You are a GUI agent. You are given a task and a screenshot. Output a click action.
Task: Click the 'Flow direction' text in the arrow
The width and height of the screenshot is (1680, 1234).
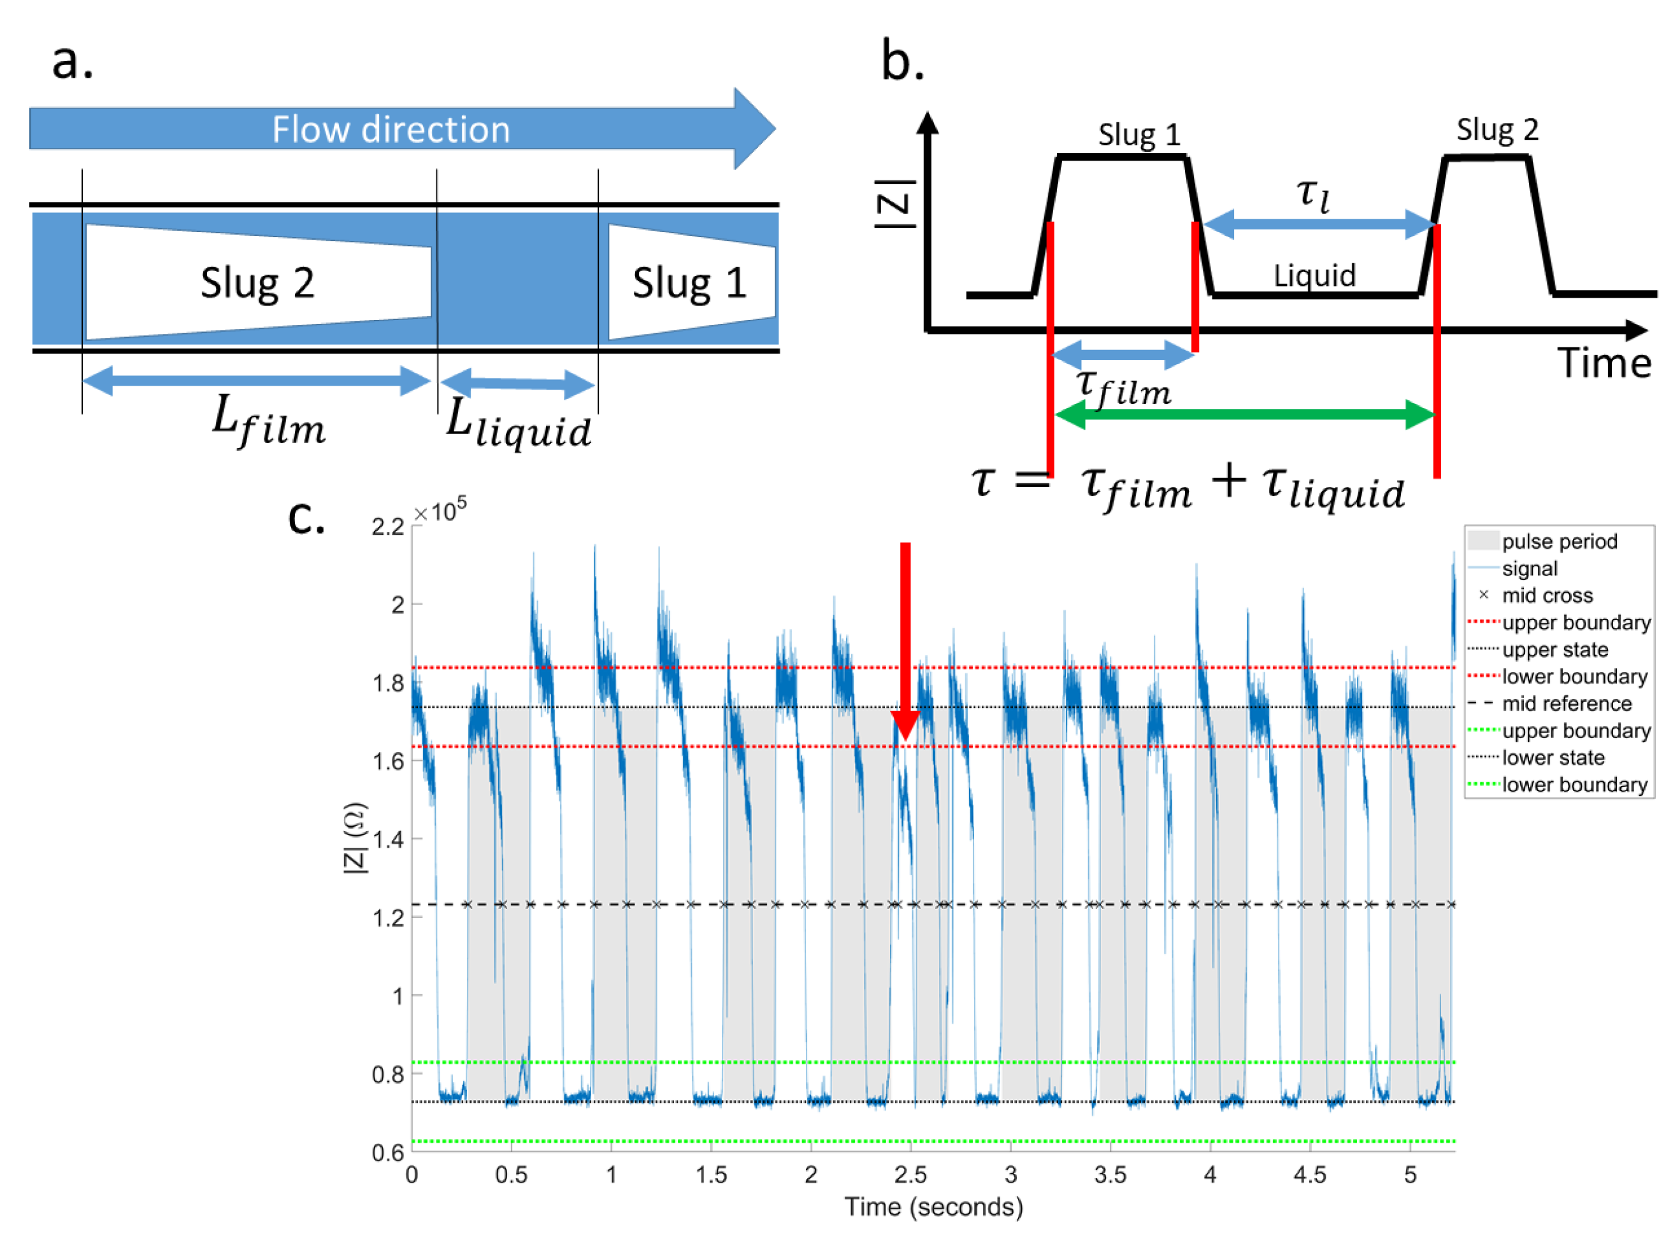pos(391,129)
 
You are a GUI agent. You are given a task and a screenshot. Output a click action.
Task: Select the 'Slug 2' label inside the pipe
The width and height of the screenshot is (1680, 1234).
pos(257,282)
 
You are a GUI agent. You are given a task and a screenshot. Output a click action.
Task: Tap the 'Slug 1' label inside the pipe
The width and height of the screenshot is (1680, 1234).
pos(689,282)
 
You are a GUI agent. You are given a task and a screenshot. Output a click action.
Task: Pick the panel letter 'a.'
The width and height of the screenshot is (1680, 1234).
pos(73,61)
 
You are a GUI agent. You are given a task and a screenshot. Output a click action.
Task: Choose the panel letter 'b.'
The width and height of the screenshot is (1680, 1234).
pos(902,61)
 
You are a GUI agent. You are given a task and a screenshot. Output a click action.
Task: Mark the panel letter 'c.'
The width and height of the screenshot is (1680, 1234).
pos(306,517)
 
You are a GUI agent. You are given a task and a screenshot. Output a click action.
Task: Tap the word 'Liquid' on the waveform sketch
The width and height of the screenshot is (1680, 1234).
pos(1314,275)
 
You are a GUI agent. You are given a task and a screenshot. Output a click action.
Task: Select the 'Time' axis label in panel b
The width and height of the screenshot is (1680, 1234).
pos(1604,364)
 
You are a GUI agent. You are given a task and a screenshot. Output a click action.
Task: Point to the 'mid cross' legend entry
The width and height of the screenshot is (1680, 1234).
pos(1547,595)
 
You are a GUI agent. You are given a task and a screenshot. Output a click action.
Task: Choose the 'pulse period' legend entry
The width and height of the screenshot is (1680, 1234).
pos(1559,542)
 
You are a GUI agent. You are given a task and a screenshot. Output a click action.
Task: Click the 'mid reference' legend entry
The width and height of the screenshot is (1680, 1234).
pos(1567,704)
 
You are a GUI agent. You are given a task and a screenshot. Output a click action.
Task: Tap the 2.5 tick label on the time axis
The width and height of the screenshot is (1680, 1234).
pos(910,1175)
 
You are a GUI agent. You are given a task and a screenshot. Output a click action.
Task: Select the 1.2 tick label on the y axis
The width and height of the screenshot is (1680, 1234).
pos(388,917)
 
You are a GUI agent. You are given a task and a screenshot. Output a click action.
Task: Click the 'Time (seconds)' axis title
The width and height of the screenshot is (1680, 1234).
pos(933,1207)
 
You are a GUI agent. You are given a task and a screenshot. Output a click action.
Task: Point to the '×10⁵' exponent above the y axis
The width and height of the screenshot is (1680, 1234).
pos(440,511)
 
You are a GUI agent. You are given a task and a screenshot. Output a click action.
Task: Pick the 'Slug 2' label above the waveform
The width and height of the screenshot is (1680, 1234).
pos(1497,130)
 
